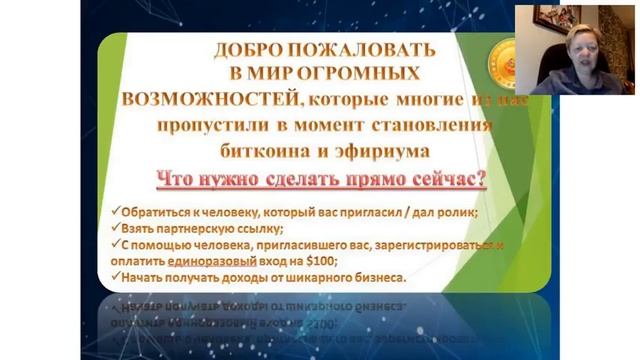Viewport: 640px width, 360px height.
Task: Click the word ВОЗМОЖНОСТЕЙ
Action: click(209, 100)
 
